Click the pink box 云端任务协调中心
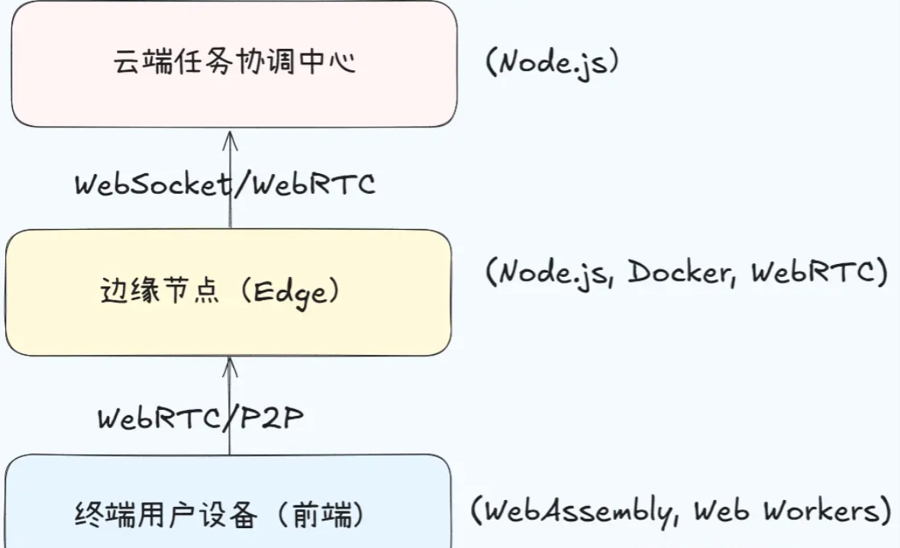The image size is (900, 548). point(234,63)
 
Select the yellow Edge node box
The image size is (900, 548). point(228,292)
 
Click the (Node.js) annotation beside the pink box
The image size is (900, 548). point(551,62)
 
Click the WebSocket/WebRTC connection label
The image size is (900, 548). point(225,184)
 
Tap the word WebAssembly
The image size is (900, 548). point(578,510)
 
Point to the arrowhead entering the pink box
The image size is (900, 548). point(231,137)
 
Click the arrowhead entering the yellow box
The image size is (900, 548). point(231,366)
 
